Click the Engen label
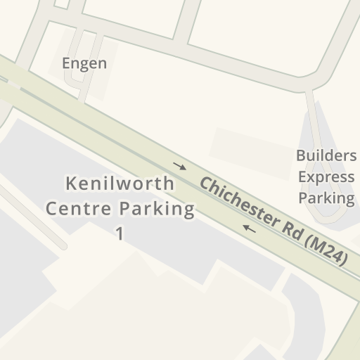click(x=84, y=63)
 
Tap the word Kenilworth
click(x=120, y=184)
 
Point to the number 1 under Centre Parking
click(x=120, y=233)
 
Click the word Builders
click(x=326, y=155)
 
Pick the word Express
click(x=326, y=176)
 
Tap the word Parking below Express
click(x=326, y=198)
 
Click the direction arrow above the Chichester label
click(x=180, y=167)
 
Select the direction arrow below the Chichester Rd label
click(x=248, y=228)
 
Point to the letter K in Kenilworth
click(x=70, y=184)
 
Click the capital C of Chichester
click(x=205, y=186)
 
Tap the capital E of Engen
click(x=67, y=63)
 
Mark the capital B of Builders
click(x=301, y=155)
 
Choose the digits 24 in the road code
click(x=334, y=255)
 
